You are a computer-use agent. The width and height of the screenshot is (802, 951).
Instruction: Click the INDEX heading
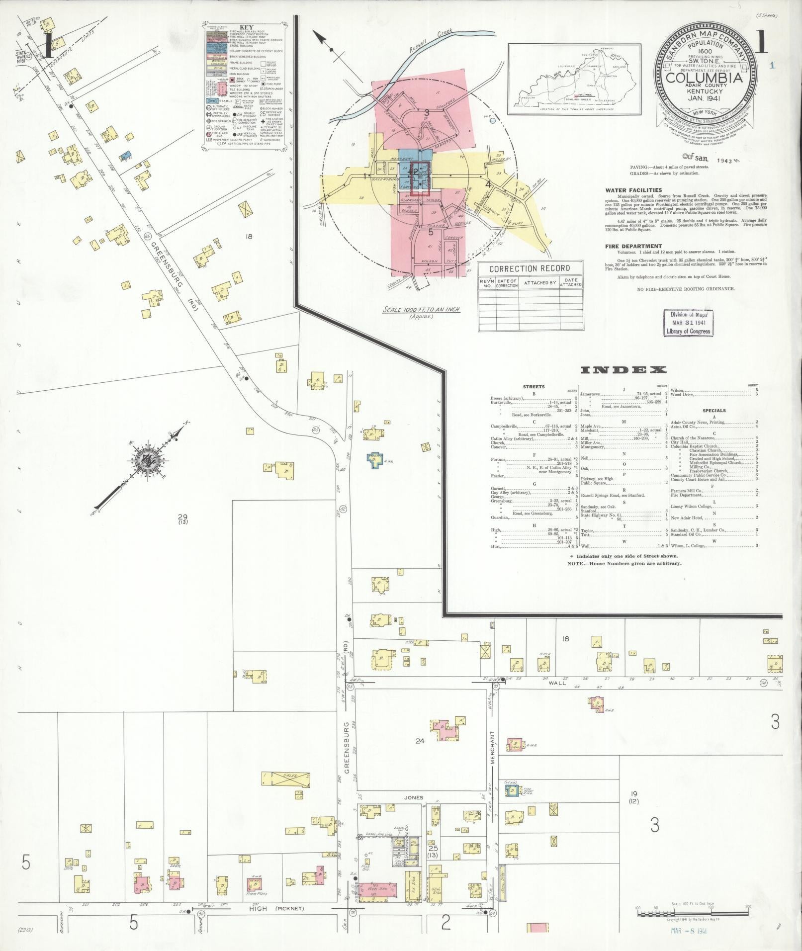tap(623, 370)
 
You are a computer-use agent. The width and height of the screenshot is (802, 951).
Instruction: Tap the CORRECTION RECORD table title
tap(530, 268)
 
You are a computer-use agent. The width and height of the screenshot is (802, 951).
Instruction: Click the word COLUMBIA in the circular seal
tap(705, 78)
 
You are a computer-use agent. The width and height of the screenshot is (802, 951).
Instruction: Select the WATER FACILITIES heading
tap(633, 190)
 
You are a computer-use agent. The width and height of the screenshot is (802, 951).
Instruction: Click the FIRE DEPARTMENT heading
tap(633, 246)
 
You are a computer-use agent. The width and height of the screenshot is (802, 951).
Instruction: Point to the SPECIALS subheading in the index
tap(714, 411)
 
